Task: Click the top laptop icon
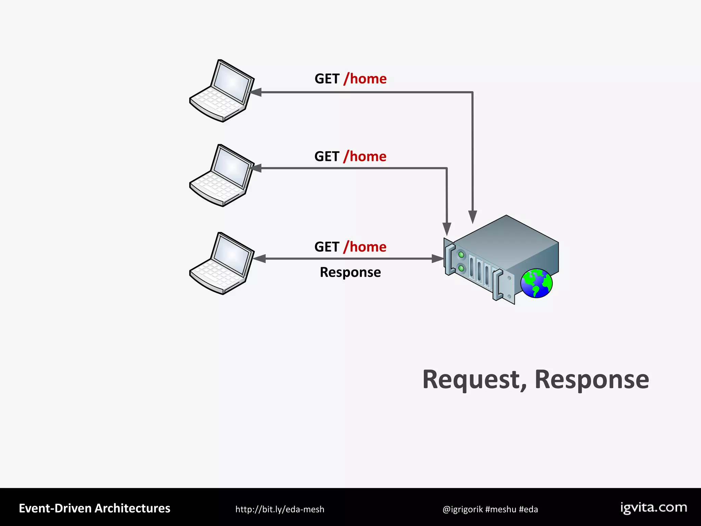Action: [x=222, y=91]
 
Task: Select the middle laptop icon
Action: [x=222, y=176]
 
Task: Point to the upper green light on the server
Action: [x=461, y=255]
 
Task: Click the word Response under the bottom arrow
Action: [x=350, y=273]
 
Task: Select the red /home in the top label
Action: [x=365, y=79]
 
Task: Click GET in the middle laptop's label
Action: [x=327, y=157]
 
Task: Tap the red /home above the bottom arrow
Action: [x=365, y=247]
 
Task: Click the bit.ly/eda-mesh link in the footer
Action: [x=280, y=509]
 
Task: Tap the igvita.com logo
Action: [x=653, y=508]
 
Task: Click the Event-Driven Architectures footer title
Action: [x=94, y=509]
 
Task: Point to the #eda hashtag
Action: [x=528, y=510]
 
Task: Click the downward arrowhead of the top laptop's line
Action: [x=473, y=217]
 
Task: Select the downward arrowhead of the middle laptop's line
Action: [x=447, y=229]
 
